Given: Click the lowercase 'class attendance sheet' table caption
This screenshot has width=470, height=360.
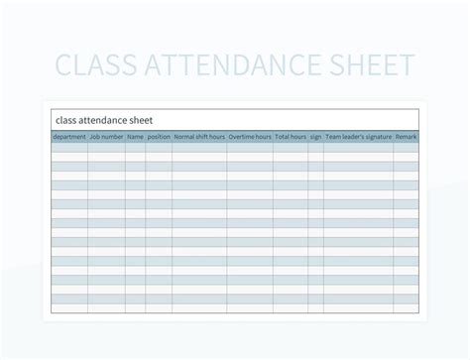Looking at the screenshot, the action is [104, 120].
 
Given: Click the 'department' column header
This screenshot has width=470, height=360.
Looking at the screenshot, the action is [68, 137].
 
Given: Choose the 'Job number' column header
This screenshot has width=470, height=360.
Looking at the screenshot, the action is [106, 137].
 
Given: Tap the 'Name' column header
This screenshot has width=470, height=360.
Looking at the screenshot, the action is [135, 137].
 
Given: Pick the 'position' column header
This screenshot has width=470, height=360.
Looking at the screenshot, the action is [159, 137].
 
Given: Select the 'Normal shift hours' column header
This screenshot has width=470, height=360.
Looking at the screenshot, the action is [199, 137].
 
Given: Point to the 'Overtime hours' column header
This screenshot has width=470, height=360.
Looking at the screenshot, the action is [250, 137].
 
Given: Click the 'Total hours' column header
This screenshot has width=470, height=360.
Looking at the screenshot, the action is [291, 137].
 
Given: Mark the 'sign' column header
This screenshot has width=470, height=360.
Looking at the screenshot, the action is [315, 137].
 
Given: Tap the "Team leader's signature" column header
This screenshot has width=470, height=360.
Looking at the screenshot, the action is [358, 137].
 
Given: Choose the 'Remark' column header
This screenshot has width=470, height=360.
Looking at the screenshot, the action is [406, 137].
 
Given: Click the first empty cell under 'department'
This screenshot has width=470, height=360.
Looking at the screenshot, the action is [68, 147].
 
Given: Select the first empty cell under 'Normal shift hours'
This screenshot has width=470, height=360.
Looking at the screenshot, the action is [199, 147].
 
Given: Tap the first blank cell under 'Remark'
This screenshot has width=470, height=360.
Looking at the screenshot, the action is [406, 147].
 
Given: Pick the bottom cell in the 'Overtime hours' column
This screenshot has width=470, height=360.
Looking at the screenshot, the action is [250, 308].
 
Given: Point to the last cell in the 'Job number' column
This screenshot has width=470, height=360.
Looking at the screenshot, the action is [106, 308].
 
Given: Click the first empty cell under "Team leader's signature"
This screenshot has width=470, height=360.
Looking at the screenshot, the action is [358, 147].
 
